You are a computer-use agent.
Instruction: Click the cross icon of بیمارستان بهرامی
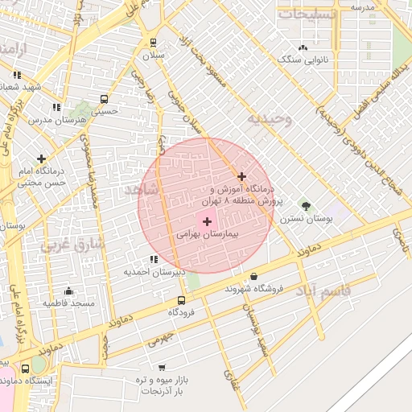[x=207, y=221]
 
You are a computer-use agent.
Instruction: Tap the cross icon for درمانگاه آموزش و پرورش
[x=241, y=176]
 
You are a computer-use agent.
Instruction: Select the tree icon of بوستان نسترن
[x=304, y=205]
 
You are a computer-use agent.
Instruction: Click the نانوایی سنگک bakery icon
[x=303, y=47]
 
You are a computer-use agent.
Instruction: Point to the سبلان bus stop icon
[x=153, y=43]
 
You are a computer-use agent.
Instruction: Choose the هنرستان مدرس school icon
[x=56, y=107]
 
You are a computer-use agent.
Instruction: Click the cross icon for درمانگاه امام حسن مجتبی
[x=41, y=159]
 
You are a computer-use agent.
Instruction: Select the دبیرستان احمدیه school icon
[x=153, y=259]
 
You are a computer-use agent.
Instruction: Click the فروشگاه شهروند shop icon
[x=253, y=276]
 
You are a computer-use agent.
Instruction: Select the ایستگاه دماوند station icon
[x=26, y=369]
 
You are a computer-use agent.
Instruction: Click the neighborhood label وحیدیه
[x=266, y=119]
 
